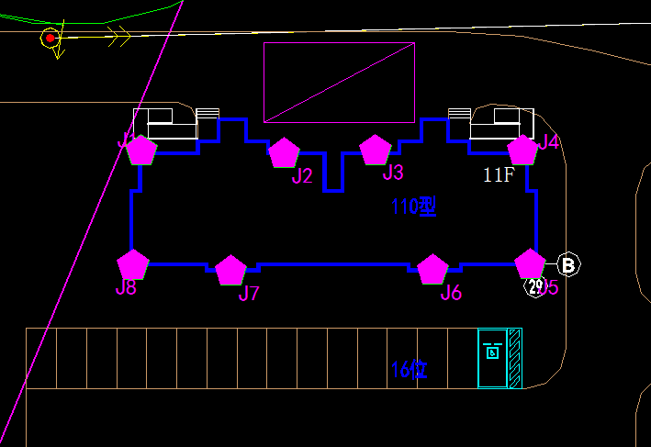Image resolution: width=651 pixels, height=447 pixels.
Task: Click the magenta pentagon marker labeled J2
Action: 284,153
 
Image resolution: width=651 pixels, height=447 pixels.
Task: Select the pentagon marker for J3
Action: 376,150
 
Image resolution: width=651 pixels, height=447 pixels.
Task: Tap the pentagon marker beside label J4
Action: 522,150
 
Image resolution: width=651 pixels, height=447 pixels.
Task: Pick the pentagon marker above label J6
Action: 432,269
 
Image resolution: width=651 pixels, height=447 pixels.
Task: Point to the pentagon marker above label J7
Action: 230,270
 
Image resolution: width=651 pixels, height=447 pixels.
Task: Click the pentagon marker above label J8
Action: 133,264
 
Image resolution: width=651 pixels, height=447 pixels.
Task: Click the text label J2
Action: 302,176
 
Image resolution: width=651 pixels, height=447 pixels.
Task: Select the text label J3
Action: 393,173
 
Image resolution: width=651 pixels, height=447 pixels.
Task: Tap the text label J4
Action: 548,142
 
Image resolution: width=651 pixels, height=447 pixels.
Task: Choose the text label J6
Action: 451,293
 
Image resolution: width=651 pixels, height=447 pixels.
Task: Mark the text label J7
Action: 249,294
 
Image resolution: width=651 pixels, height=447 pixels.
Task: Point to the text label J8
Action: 126,288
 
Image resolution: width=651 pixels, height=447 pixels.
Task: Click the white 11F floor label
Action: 499,175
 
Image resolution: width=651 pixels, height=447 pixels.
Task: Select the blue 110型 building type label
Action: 413,207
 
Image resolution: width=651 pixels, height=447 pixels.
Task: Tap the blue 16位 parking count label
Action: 410,370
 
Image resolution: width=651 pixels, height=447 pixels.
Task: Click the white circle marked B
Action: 568,265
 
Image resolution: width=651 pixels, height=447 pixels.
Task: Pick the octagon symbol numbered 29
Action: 534,286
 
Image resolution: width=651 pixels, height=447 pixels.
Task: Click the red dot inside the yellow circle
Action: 50,39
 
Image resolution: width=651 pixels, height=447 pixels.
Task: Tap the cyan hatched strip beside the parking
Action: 515,358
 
